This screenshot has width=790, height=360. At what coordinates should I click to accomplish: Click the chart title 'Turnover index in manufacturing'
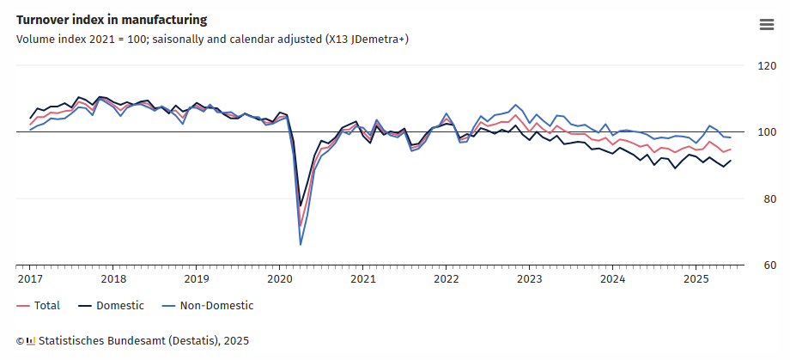(112, 19)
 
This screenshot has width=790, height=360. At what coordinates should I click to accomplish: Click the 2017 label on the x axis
(30, 279)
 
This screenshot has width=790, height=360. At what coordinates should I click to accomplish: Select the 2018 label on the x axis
(113, 279)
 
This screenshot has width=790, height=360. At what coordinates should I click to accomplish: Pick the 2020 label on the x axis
(280, 279)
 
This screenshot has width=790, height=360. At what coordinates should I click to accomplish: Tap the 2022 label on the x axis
(447, 279)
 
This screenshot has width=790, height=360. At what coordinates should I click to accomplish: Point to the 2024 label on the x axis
(612, 279)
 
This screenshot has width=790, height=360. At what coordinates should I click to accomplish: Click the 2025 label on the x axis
(696, 279)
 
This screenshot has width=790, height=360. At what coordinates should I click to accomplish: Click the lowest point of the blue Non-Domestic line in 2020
(301, 245)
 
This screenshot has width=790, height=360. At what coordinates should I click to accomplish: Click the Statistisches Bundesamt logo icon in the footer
(31, 341)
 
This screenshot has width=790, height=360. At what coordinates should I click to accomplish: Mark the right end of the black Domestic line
(731, 161)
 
